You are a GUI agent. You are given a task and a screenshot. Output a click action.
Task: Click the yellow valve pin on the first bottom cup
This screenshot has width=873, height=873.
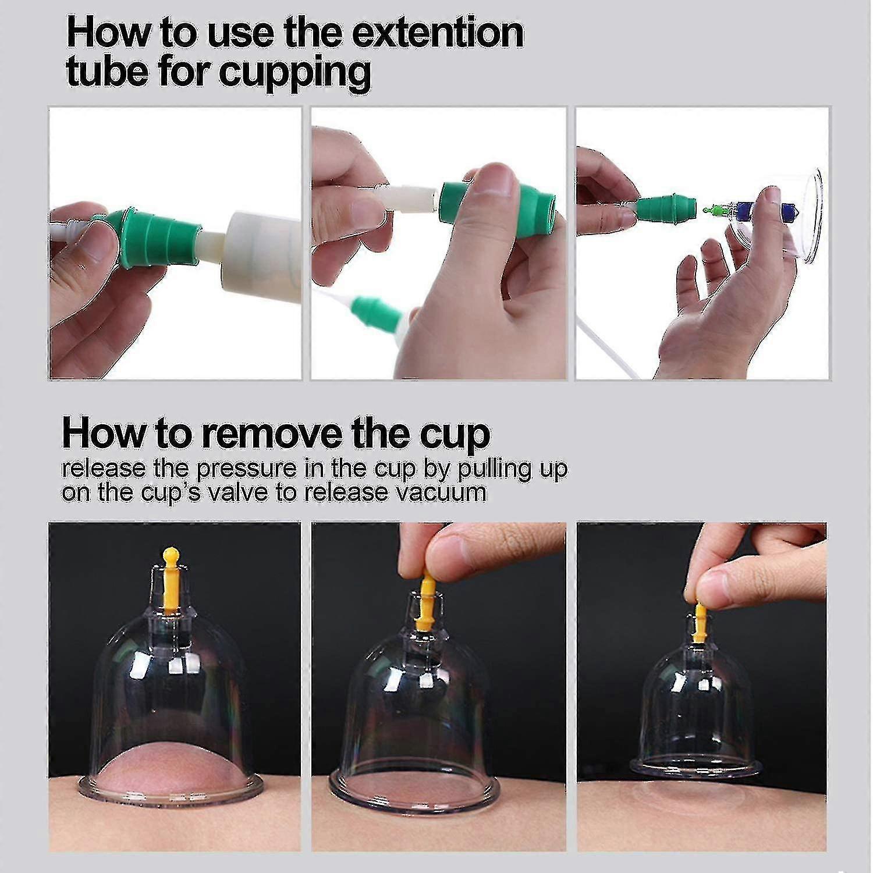tap(170, 579)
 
